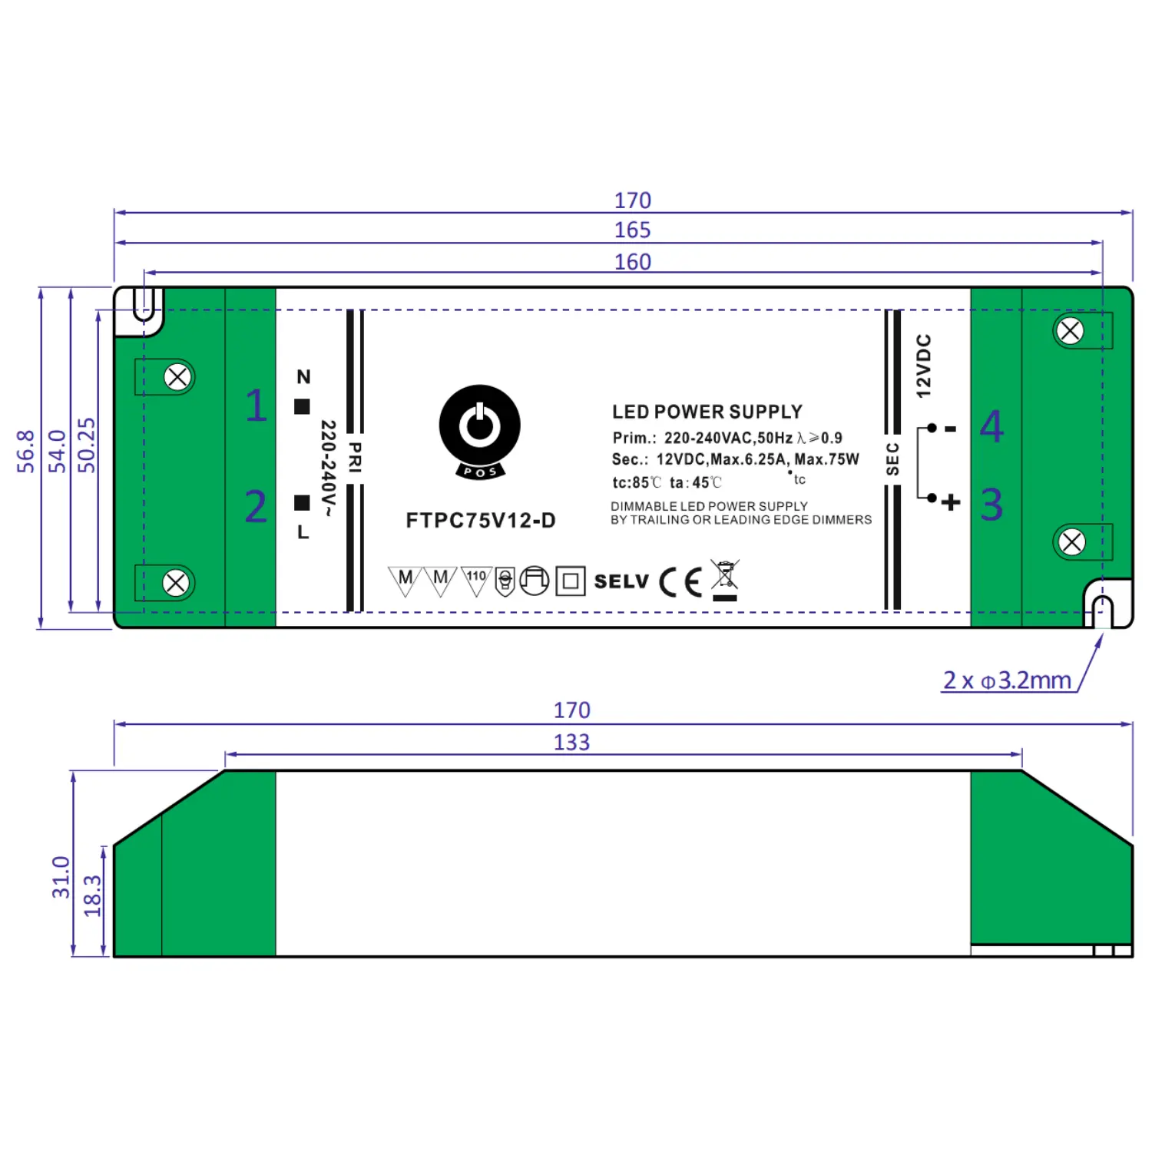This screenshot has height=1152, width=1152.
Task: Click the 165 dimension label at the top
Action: coord(632,230)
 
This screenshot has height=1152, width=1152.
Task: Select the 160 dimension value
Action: coord(632,262)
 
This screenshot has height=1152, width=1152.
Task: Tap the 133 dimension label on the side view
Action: coord(572,743)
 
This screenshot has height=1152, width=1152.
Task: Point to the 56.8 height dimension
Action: coord(26,452)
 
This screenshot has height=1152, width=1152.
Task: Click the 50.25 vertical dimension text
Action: coord(87,445)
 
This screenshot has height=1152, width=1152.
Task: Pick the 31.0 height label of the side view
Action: coord(61,878)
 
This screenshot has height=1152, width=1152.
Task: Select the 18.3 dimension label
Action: coord(92,896)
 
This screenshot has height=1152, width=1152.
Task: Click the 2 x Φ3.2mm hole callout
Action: coord(1007,680)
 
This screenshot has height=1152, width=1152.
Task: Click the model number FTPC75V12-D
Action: coord(481,521)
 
